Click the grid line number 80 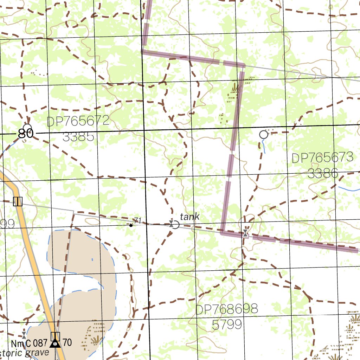[x=26, y=134]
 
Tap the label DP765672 [x=78, y=122]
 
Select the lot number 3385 [x=78, y=136]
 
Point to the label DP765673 [x=322, y=158]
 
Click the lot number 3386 [x=322, y=173]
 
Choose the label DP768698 [x=226, y=310]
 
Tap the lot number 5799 [x=227, y=324]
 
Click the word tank [x=189, y=217]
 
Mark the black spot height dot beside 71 [x=131, y=225]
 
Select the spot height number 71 [x=137, y=220]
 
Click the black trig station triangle [x=55, y=343]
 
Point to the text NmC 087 [x=29, y=343]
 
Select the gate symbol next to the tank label [x=172, y=224]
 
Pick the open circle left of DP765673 [x=263, y=134]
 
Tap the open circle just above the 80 [x=27, y=127]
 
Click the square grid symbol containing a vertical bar [x=18, y=201]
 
